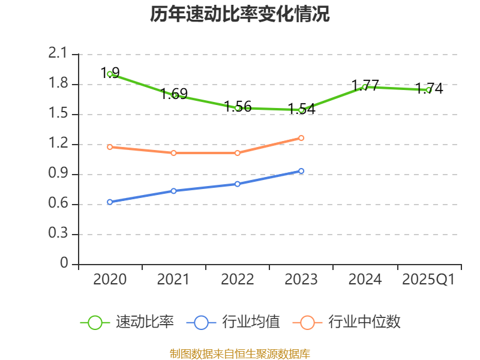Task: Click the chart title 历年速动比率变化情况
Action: pyautogui.click(x=240, y=14)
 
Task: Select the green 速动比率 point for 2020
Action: pyautogui.click(x=110, y=74)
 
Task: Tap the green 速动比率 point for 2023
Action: pyautogui.click(x=301, y=110)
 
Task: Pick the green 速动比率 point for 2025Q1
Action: pyautogui.click(x=428, y=90)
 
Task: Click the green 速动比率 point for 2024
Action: pyautogui.click(x=365, y=87)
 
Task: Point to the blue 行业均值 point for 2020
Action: pyautogui.click(x=110, y=202)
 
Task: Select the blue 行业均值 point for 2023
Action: pyautogui.click(x=301, y=171)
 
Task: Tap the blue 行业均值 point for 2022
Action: pyautogui.click(x=238, y=184)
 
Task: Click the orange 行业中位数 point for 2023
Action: pyautogui.click(x=301, y=138)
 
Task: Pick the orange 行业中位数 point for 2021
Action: pyautogui.click(x=174, y=153)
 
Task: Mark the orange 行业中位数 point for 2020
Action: pyautogui.click(x=110, y=147)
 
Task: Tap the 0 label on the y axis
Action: pyautogui.click(x=65, y=264)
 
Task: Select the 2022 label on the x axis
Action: pyautogui.click(x=238, y=280)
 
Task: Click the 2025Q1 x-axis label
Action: pyautogui.click(x=428, y=280)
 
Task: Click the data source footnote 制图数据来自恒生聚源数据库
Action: pyautogui.click(x=240, y=353)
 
